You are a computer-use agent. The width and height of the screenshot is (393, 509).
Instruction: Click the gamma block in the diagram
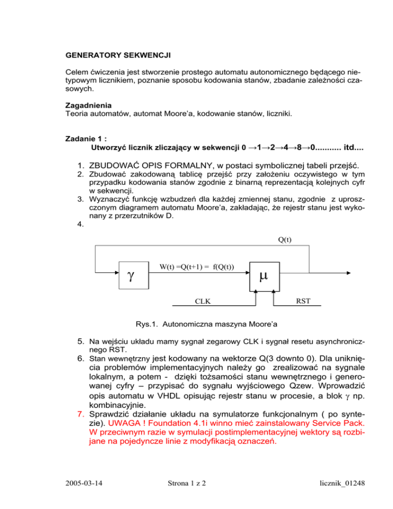click(133, 275)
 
